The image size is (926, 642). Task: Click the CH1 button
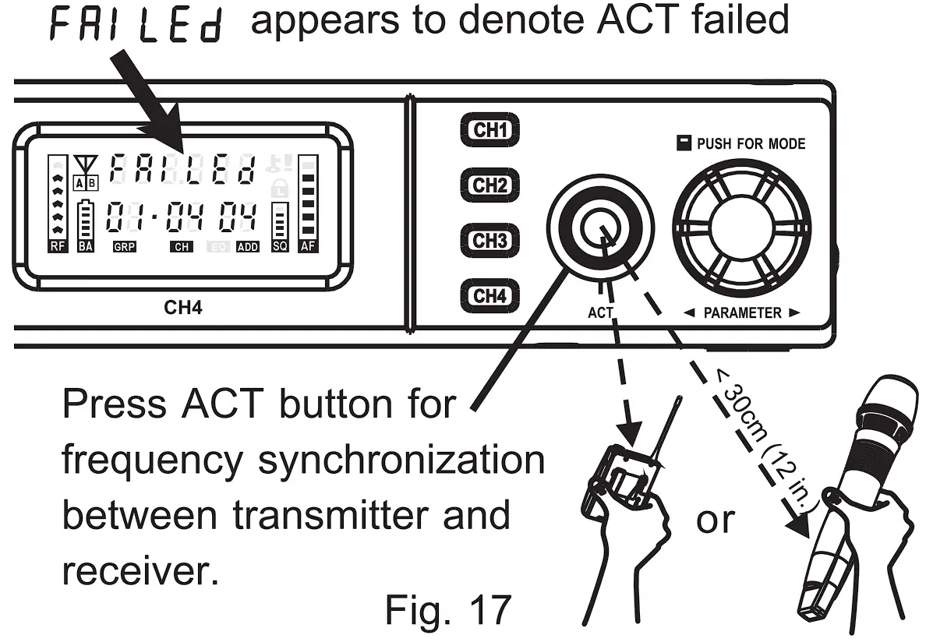pyautogui.click(x=490, y=129)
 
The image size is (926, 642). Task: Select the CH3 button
pyautogui.click(x=490, y=240)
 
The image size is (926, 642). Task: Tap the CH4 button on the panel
pyautogui.click(x=490, y=295)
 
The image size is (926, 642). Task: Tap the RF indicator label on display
pyautogui.click(x=57, y=246)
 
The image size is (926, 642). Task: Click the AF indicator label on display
pyautogui.click(x=307, y=246)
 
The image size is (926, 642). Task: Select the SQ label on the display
pyautogui.click(x=279, y=246)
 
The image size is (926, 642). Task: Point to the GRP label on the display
pyautogui.click(x=124, y=247)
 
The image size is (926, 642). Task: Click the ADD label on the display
pyautogui.click(x=248, y=247)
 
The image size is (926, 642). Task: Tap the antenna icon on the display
pyautogui.click(x=83, y=166)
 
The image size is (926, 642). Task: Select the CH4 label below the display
pyautogui.click(x=183, y=307)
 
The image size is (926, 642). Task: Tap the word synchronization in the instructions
pyautogui.click(x=401, y=460)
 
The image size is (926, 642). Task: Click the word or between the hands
pyautogui.click(x=715, y=519)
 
